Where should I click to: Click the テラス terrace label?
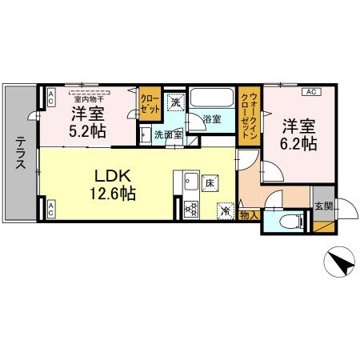[19, 152]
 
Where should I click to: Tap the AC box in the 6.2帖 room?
[311, 92]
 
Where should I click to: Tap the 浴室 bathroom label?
[211, 119]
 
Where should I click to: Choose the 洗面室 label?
[168, 134]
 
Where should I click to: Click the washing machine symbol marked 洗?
[175, 102]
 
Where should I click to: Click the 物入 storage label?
[249, 214]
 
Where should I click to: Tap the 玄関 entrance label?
[324, 204]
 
